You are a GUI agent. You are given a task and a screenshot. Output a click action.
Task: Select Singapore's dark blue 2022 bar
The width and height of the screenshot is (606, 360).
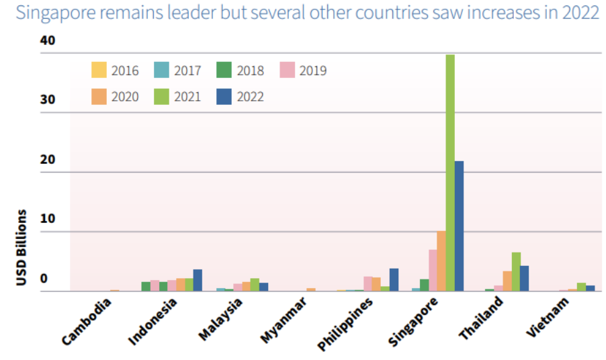click(x=459, y=226)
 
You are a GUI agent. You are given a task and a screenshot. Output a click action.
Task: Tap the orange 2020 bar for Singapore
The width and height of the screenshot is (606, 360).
click(x=441, y=261)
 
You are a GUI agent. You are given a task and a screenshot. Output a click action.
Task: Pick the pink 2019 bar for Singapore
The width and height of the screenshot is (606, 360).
click(x=433, y=271)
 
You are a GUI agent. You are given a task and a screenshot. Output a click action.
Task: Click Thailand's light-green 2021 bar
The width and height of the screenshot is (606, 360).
click(x=516, y=272)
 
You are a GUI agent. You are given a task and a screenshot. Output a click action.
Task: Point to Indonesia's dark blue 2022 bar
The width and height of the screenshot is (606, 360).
click(x=198, y=280)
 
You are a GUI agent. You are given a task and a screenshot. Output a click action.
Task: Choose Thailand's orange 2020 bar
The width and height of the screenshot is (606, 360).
click(x=507, y=281)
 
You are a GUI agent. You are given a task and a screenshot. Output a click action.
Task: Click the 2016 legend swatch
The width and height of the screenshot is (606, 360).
click(x=99, y=70)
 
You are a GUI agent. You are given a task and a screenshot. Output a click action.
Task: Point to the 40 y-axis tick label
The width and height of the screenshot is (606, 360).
click(x=48, y=41)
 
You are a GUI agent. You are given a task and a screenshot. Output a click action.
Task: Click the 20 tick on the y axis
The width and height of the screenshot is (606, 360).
click(x=48, y=161)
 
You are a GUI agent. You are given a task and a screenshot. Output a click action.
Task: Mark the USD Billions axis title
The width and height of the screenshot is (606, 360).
click(x=21, y=247)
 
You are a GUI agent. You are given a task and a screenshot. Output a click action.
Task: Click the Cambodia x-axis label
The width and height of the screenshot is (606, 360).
click(x=87, y=322)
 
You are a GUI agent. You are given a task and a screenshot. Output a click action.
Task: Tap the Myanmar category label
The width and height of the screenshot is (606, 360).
click(x=284, y=321)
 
